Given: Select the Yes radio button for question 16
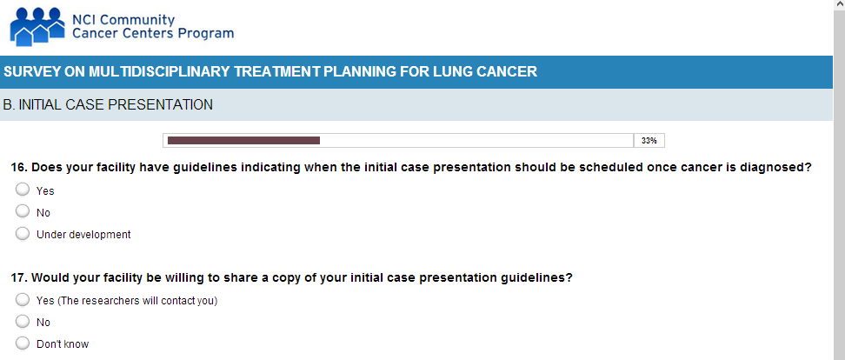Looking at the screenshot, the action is [x=23, y=190].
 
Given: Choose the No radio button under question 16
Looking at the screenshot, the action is [x=23, y=212].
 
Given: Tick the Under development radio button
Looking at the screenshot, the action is [x=23, y=234].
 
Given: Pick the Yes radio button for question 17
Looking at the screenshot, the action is [x=23, y=300].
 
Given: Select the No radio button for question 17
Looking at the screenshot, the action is [x=23, y=322].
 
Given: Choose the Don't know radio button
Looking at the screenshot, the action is [x=23, y=343].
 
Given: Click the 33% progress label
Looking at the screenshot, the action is [x=649, y=141].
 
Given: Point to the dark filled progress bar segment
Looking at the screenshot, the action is [x=243, y=141].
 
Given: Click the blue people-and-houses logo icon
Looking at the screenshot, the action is [x=37, y=26].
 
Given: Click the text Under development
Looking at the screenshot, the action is [x=83, y=235].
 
